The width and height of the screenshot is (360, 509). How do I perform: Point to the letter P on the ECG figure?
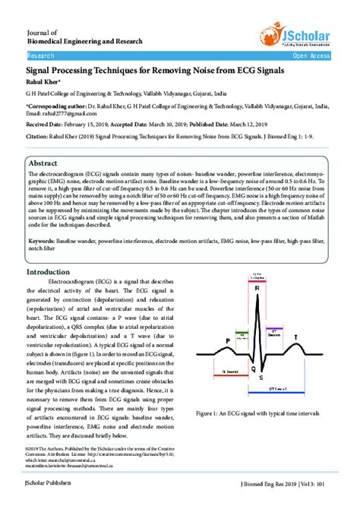tap(207, 341)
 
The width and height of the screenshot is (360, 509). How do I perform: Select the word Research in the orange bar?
tap(40, 56)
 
